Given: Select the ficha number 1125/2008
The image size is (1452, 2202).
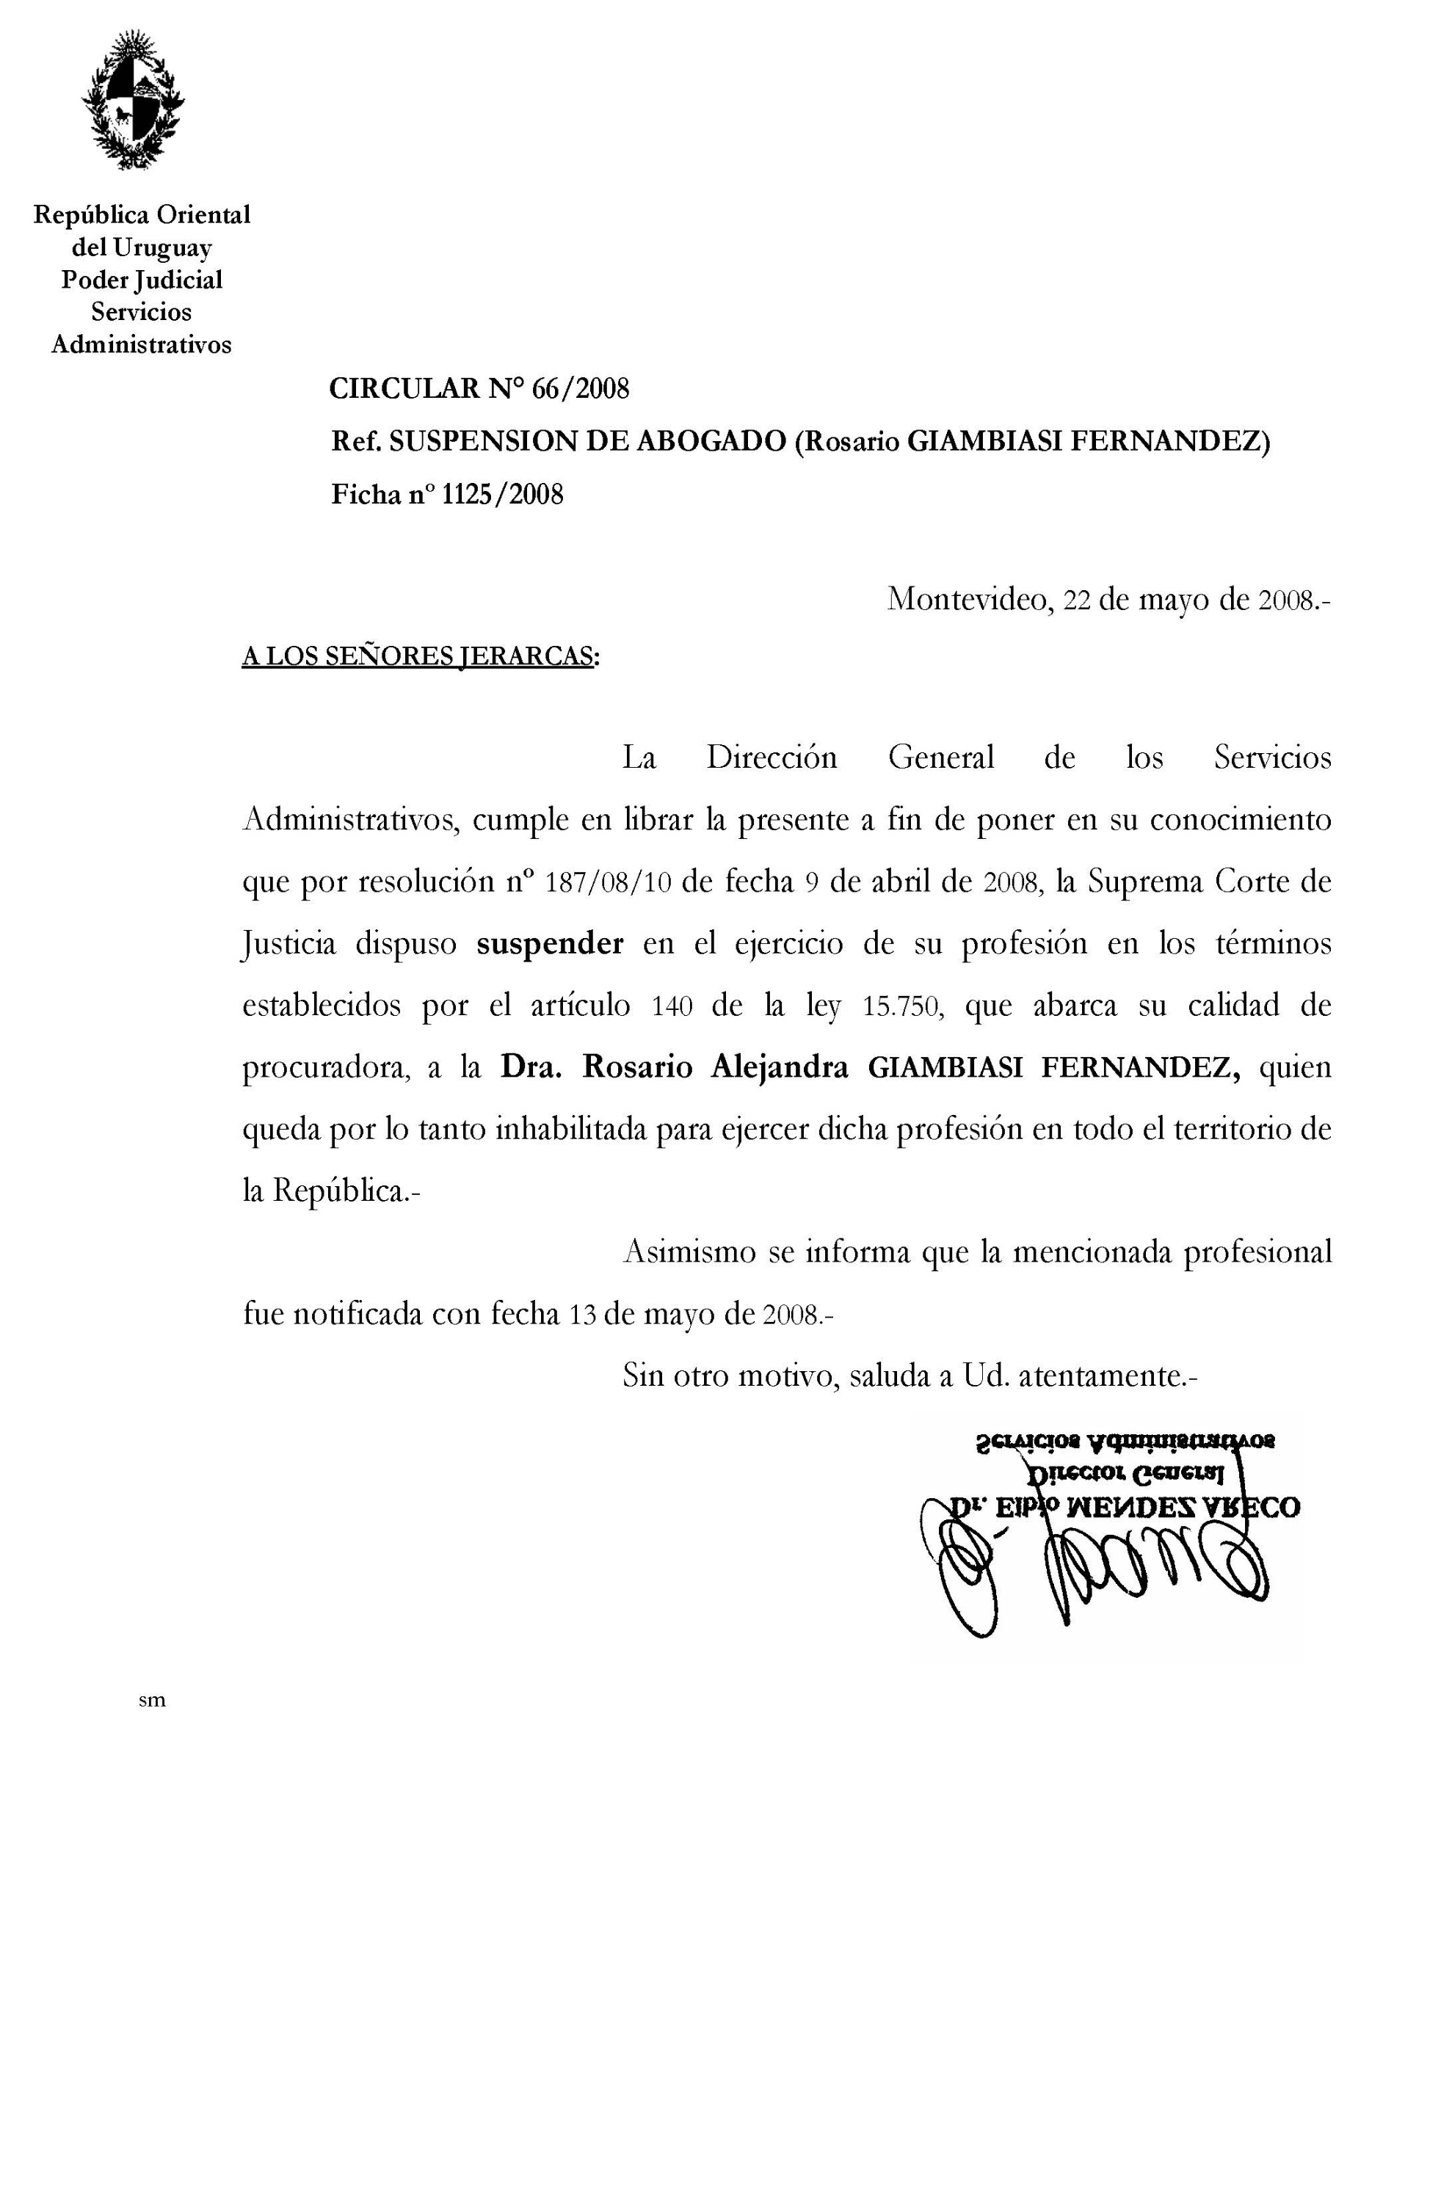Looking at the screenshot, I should point(502,495).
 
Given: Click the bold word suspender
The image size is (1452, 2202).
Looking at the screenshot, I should point(550,944).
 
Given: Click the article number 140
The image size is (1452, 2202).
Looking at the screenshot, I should point(672,1006).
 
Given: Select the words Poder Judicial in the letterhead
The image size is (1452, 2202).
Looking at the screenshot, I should point(142,280).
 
